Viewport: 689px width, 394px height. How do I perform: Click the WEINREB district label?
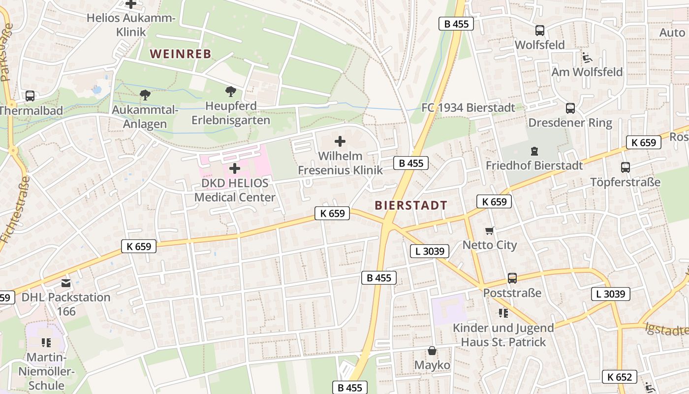(x=180, y=54)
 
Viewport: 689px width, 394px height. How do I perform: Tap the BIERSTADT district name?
(x=411, y=205)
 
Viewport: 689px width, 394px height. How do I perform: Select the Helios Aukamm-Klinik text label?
(x=131, y=25)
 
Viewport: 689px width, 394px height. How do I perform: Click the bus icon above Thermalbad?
(x=30, y=96)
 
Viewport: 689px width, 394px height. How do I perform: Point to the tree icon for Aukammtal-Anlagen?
(x=145, y=95)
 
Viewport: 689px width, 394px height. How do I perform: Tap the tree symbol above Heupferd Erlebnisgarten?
(x=230, y=91)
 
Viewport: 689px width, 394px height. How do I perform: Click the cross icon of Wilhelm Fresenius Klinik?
(x=340, y=142)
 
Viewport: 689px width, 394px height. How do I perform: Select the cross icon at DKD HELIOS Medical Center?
(x=235, y=168)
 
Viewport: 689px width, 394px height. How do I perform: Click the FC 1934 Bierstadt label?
(x=469, y=107)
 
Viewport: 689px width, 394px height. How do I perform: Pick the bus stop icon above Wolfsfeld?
(x=540, y=31)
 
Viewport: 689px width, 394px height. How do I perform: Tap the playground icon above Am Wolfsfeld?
(x=587, y=58)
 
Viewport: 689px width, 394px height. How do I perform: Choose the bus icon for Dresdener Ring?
(x=570, y=108)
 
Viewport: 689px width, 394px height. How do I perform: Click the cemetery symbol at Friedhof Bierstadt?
(x=534, y=151)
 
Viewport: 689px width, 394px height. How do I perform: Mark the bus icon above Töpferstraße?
(x=625, y=167)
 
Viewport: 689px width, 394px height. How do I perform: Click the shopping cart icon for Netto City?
(x=490, y=230)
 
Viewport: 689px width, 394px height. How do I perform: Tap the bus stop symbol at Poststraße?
(x=512, y=278)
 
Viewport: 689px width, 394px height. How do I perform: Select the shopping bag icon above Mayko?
(x=432, y=351)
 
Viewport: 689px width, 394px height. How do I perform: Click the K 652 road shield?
(x=619, y=377)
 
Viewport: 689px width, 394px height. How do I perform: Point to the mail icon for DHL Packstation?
(x=66, y=283)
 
